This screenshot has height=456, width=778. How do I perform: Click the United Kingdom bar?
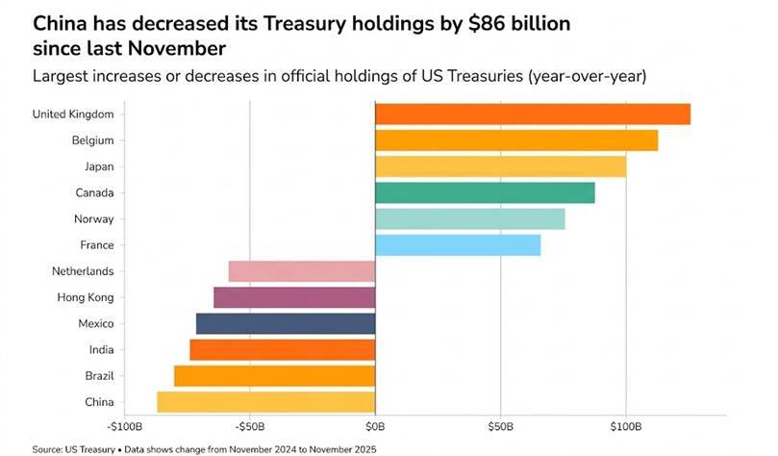pyautogui.click(x=533, y=114)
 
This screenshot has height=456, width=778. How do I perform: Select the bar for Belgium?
pyautogui.click(x=516, y=140)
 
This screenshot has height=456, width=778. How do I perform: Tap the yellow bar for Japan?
pyautogui.click(x=500, y=166)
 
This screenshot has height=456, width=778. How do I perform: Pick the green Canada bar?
pyautogui.click(x=485, y=192)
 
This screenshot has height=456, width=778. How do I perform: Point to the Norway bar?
pyautogui.click(x=469, y=219)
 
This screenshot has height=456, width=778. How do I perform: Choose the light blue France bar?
pyautogui.click(x=458, y=245)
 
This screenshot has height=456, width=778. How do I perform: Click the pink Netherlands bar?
pyautogui.click(x=302, y=271)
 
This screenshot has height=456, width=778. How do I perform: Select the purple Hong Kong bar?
pyautogui.click(x=294, y=297)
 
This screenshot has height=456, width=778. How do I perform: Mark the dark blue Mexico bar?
pyautogui.click(x=286, y=323)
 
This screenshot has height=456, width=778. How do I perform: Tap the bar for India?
pyautogui.click(x=283, y=349)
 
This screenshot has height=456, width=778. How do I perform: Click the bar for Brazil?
pyautogui.click(x=274, y=375)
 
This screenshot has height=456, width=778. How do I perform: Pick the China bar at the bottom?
pyautogui.click(x=266, y=401)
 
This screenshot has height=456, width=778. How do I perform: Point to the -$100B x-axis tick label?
pyautogui.click(x=125, y=425)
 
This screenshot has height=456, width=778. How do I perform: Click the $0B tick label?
pyautogui.click(x=375, y=425)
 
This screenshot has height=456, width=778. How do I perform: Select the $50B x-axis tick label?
pyautogui.click(x=500, y=425)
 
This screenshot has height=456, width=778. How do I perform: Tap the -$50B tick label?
pyautogui.click(x=250, y=425)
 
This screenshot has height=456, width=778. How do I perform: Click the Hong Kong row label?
pyautogui.click(x=88, y=297)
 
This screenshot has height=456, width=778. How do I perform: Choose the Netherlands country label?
pyautogui.click(x=83, y=271)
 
